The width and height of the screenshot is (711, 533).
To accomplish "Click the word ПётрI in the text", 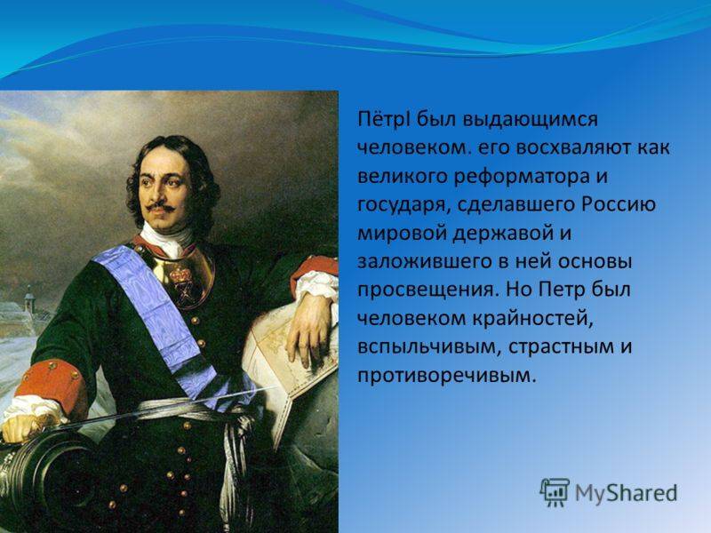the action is click(x=385, y=120).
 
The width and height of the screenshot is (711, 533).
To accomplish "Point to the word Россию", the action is click(x=619, y=204).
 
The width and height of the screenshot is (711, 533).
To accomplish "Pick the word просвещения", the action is click(x=426, y=291).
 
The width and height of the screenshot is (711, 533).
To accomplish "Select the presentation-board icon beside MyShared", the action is click(x=555, y=492).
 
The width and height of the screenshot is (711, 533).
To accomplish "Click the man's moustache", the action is click(x=160, y=207).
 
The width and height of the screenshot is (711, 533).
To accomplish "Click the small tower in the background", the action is click(x=29, y=300).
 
